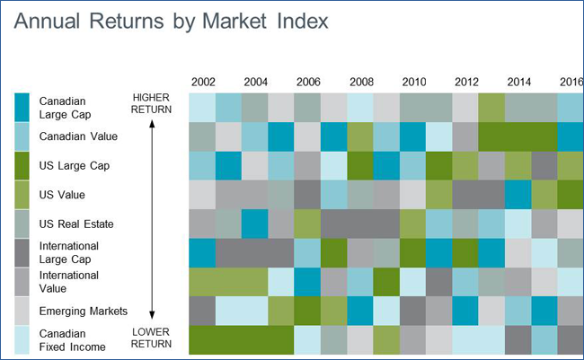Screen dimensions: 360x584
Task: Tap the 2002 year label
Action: [x=203, y=83]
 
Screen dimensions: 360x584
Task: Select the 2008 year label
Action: [x=361, y=83]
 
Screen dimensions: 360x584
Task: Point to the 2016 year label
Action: [x=571, y=83]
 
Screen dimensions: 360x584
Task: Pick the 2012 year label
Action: [x=466, y=83]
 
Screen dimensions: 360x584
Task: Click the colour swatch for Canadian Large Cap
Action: [x=23, y=107]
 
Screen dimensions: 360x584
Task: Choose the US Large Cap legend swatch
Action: [x=23, y=166]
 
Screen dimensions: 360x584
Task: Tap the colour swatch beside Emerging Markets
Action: [x=23, y=312]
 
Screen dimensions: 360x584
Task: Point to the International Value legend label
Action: [x=68, y=282]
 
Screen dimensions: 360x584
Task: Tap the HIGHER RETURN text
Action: [x=151, y=103]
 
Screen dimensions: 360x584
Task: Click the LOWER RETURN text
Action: [x=151, y=338]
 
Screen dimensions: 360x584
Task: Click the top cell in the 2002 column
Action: [x=202, y=108]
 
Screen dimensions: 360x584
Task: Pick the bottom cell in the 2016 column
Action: [x=570, y=339]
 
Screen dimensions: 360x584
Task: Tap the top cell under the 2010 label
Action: [x=412, y=108]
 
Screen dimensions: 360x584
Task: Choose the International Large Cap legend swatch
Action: [x=23, y=253]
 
